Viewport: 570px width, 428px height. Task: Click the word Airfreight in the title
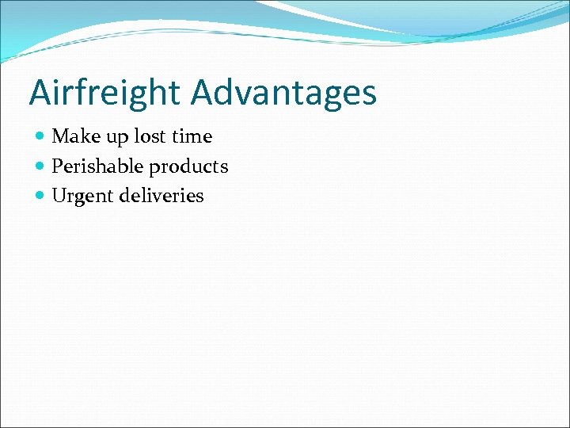[105, 93]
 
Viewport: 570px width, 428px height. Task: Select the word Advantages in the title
[283, 93]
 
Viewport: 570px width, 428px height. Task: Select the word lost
[150, 136]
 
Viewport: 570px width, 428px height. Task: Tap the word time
[192, 136]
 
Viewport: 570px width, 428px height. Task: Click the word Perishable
[97, 166]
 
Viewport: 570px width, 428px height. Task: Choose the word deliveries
[161, 196]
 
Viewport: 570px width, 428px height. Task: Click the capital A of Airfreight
[40, 93]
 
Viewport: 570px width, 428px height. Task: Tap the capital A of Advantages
[203, 93]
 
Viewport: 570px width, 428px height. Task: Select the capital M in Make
[59, 136]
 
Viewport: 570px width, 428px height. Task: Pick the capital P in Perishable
[57, 166]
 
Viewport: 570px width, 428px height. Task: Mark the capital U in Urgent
[59, 196]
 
